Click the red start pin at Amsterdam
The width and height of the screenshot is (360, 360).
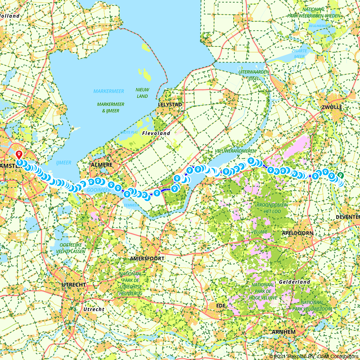pos(19,154)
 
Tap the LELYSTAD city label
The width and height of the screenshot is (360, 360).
pos(170,105)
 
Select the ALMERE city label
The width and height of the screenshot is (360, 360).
pos(102,165)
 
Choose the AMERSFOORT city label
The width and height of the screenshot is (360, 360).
pos(147,258)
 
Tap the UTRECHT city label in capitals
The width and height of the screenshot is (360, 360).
pos(74,284)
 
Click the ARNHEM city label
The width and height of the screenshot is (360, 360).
pos(284,332)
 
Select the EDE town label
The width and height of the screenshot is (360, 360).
pos(220,305)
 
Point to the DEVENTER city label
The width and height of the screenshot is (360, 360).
pos(347,217)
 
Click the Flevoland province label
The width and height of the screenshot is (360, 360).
pos(156,133)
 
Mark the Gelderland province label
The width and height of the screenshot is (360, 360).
pos(294,282)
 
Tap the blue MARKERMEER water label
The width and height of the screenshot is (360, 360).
pos(109,91)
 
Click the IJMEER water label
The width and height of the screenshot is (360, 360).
pos(63,163)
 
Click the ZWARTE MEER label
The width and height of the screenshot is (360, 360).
pos(298,54)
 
